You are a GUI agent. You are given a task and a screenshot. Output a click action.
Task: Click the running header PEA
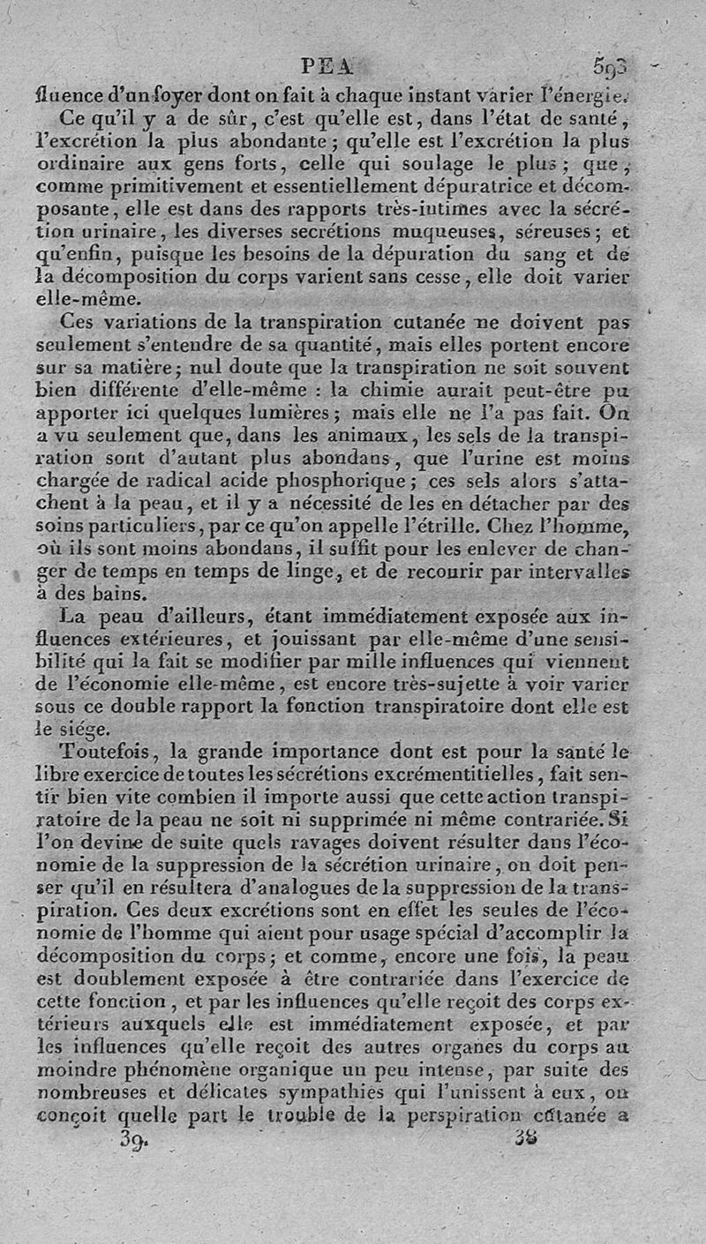pyautogui.click(x=327, y=65)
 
